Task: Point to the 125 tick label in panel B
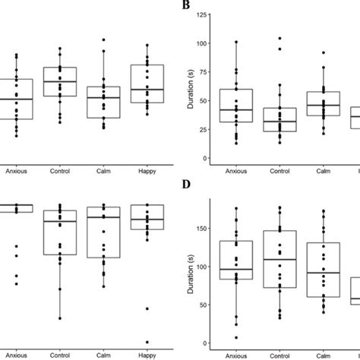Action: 199,15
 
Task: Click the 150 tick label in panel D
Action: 199,227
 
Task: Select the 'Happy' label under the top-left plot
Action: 148,172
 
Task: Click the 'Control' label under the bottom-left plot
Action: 61,353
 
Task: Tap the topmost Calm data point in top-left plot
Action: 104,39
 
